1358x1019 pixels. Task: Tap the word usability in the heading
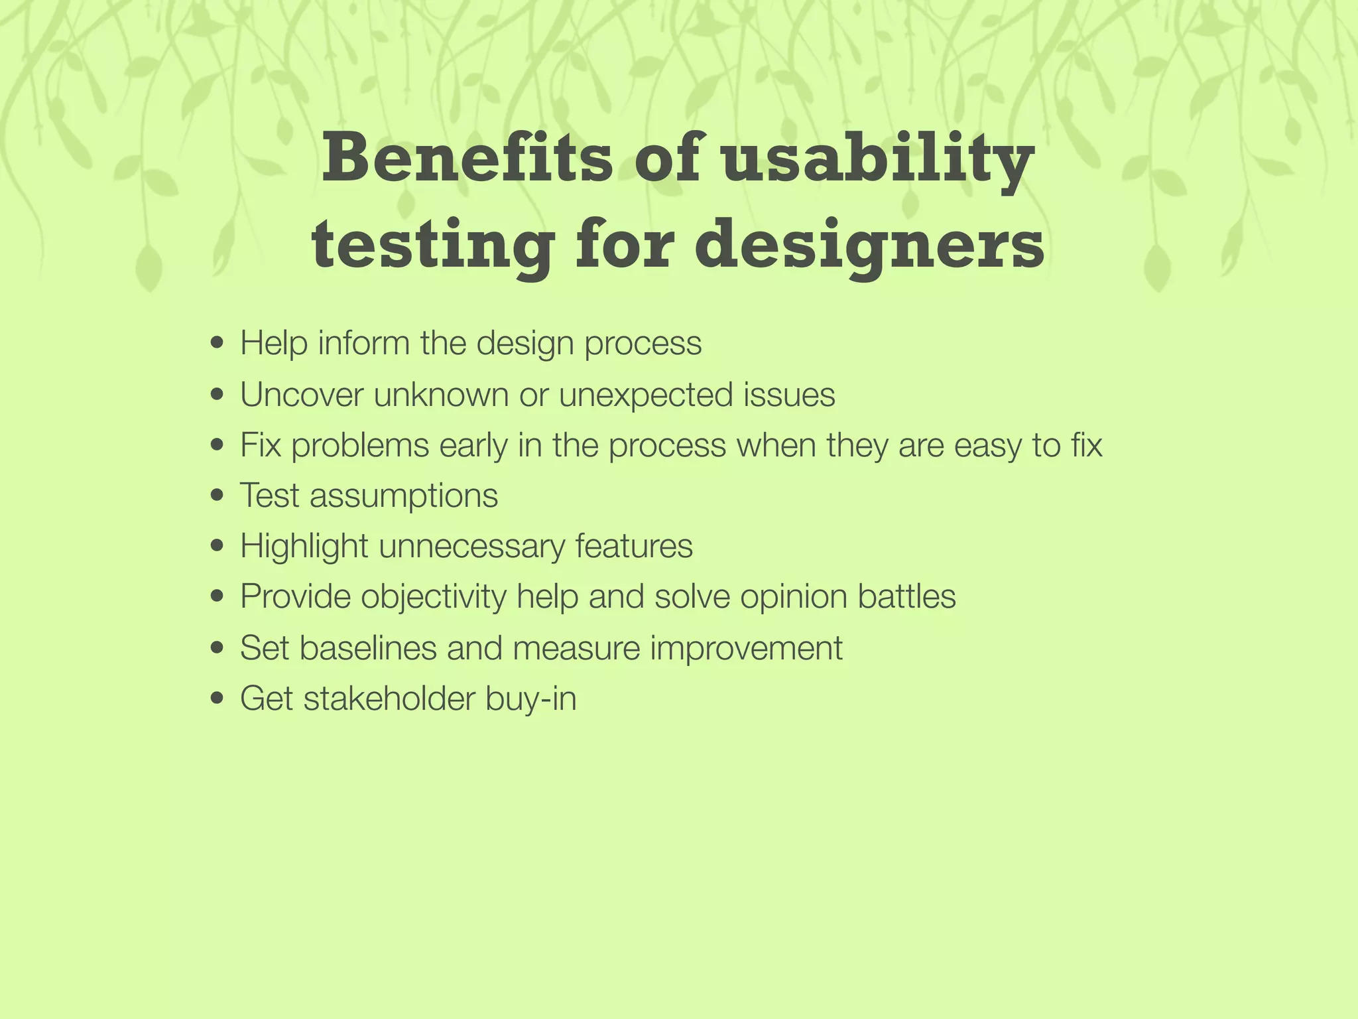click(877, 159)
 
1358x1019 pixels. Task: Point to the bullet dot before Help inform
click(216, 344)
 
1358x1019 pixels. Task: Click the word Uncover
click(302, 395)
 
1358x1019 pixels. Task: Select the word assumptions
click(403, 496)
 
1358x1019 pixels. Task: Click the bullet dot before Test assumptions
click(216, 496)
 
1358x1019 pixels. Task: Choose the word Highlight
click(304, 546)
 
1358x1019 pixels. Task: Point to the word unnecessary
click(471, 546)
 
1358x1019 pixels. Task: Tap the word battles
click(906, 596)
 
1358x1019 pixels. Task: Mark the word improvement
click(746, 647)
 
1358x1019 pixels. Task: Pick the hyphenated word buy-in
click(530, 699)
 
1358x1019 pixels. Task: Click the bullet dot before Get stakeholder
click(216, 699)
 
